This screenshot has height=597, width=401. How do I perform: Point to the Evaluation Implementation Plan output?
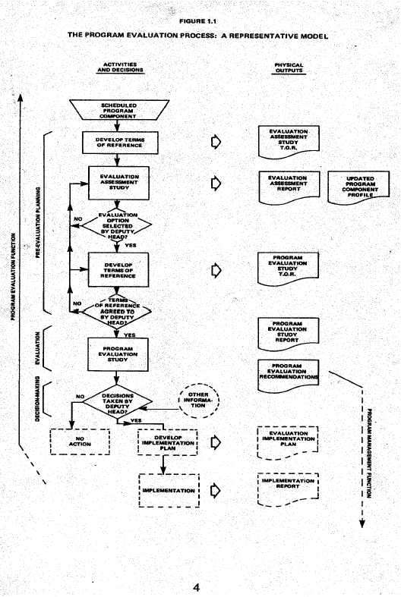[x=288, y=441]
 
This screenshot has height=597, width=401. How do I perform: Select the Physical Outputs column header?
[x=289, y=68]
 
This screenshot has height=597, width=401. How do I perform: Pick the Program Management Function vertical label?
[x=367, y=462]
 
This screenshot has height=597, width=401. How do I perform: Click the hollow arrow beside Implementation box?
[x=216, y=490]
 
